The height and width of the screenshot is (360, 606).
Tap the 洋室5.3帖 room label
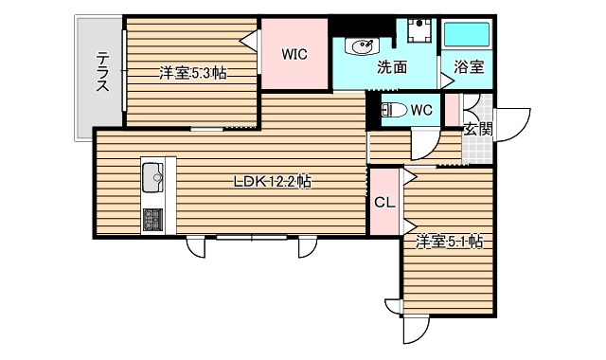(192, 72)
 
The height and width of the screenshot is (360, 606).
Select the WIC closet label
(294, 54)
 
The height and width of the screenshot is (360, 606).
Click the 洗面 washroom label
(392, 67)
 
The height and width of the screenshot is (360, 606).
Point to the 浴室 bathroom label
(469, 67)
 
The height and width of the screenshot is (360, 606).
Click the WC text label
(421, 110)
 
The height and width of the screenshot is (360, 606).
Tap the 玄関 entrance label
(477, 130)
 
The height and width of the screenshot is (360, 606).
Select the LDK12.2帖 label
(273, 183)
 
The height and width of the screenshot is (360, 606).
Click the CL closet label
(383, 202)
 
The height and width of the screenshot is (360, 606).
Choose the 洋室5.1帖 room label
(449, 243)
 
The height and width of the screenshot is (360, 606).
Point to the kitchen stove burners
(152, 220)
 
